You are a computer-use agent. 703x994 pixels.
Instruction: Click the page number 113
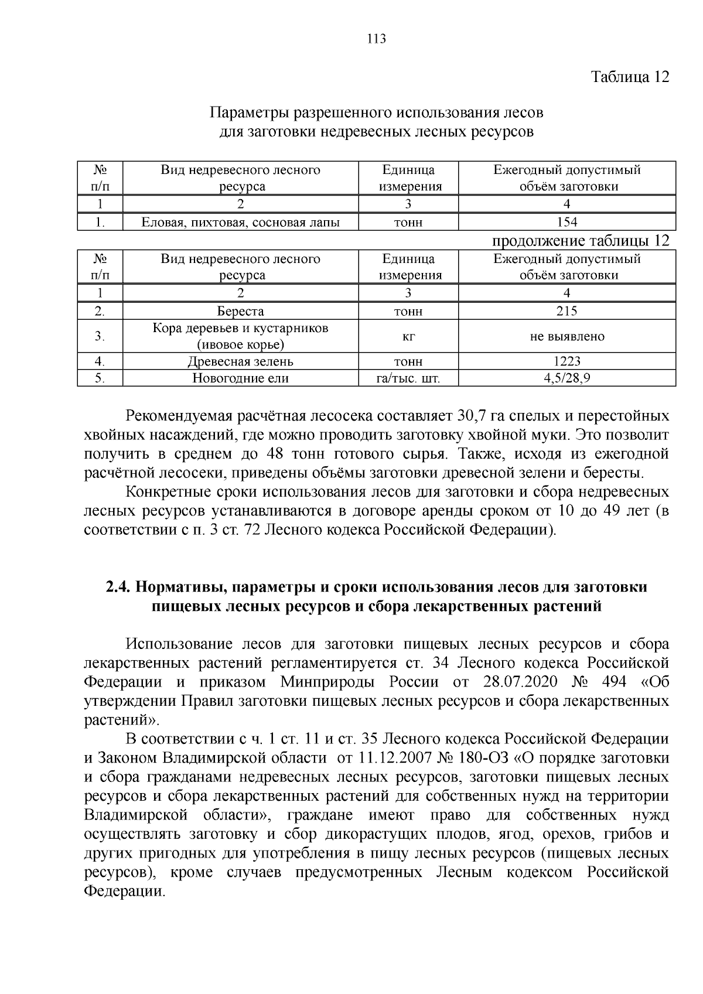pos(376,39)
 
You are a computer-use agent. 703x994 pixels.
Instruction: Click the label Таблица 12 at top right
pos(630,77)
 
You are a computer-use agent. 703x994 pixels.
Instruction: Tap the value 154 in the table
pos(567,222)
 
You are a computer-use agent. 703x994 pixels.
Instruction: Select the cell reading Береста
pos(240,311)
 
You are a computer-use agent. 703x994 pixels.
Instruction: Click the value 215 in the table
pos(567,311)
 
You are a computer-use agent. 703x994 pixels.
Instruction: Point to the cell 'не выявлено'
pos(567,336)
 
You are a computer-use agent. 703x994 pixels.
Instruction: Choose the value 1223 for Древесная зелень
pos(567,361)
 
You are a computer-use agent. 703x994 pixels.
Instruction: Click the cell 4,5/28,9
pos(567,378)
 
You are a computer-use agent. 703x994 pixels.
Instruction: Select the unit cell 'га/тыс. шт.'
pos(408,378)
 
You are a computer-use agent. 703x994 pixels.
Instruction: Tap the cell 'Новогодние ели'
pos(240,378)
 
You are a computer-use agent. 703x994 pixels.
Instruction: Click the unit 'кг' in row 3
pos(408,336)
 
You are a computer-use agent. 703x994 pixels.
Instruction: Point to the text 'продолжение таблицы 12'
pos(580,241)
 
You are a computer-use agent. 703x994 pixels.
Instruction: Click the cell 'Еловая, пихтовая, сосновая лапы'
pos(240,223)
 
